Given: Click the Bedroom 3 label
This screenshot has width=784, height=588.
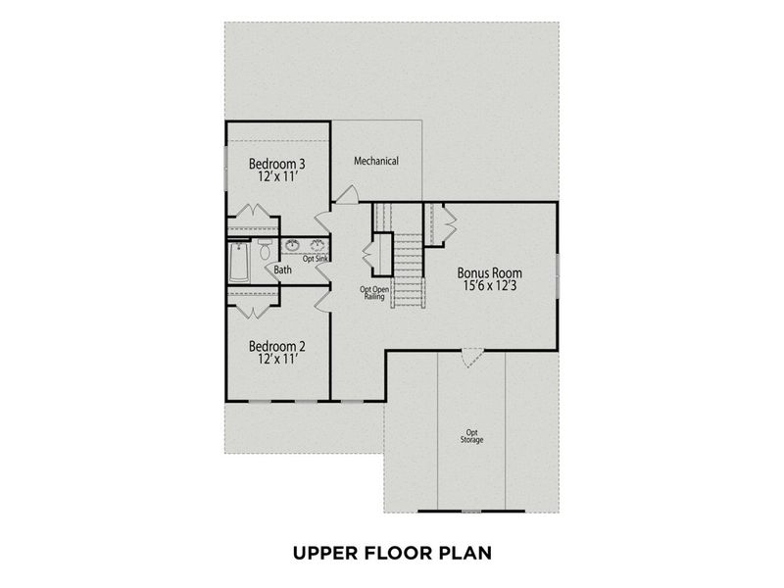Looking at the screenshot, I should (276, 164).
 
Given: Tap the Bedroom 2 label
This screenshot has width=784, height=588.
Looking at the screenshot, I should (276, 346).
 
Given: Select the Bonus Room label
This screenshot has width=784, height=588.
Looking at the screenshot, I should (490, 273).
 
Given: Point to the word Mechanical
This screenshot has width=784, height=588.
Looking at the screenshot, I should (376, 161).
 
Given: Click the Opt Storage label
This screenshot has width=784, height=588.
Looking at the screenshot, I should (472, 436).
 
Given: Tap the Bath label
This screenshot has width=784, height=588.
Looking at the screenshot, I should (282, 269).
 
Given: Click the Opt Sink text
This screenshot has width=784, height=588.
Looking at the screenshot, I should (315, 259).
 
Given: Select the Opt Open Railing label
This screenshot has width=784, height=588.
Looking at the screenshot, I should (374, 293).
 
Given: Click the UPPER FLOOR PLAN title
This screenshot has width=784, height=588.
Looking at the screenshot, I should (392, 553).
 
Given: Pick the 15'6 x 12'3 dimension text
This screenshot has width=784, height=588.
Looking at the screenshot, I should (490, 287).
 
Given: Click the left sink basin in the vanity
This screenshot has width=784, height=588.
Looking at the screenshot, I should (293, 244).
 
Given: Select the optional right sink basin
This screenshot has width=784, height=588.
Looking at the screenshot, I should (318, 244).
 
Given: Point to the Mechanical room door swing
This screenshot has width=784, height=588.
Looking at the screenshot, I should (346, 195).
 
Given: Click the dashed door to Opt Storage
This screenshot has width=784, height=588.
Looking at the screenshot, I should (472, 358).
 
